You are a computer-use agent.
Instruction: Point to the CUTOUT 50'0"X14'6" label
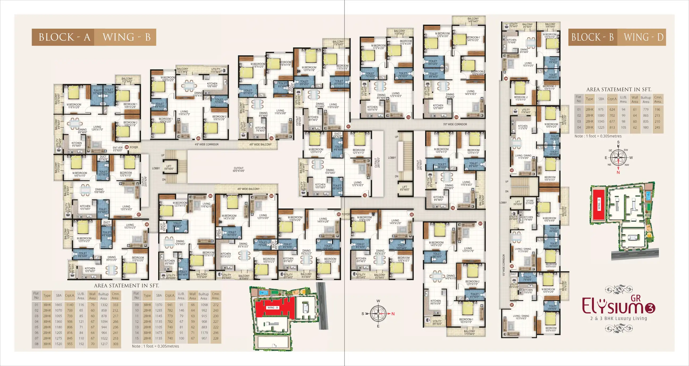coord(238,170)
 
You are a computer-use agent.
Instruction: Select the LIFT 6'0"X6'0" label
coord(404,188)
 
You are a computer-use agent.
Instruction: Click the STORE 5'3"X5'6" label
coord(530,202)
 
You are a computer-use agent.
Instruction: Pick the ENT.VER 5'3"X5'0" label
coord(118,149)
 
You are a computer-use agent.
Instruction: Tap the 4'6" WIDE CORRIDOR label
coord(207,145)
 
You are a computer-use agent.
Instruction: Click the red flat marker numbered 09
coord(198,138)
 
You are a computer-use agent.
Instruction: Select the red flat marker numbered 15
coord(453,208)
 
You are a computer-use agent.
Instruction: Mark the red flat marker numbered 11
coord(348,127)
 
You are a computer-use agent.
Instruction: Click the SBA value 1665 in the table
coord(58,305)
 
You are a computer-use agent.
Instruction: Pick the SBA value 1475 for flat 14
coord(159,333)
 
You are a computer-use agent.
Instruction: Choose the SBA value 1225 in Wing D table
coord(601,127)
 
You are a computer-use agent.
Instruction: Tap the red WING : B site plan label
coord(273,308)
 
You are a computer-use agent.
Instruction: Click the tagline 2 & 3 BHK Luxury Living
coord(618,318)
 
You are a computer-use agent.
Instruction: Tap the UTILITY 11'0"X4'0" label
coord(216,70)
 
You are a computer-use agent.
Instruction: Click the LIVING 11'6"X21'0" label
coord(206,205)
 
